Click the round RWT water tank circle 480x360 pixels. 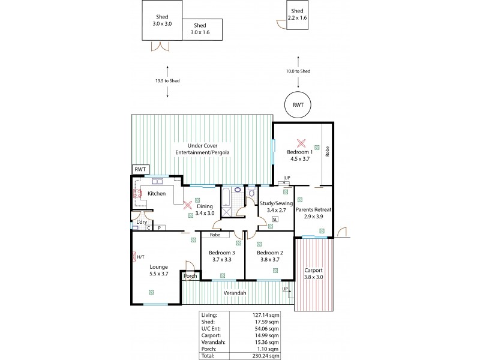[x=298, y=105]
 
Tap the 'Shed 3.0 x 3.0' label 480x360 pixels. [x=162, y=20]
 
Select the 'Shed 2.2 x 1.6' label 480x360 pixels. [x=298, y=15]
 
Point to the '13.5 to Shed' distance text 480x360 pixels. [x=167, y=81]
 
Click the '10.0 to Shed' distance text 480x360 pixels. [x=298, y=71]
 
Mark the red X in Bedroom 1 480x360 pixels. [x=302, y=143]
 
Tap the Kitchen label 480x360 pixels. [x=157, y=194]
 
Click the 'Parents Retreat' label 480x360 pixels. [x=314, y=209]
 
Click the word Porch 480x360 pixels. [x=190, y=277]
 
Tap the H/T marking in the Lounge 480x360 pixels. [x=140, y=257]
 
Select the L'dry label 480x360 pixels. [x=142, y=222]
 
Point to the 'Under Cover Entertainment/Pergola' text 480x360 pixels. [x=200, y=149]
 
